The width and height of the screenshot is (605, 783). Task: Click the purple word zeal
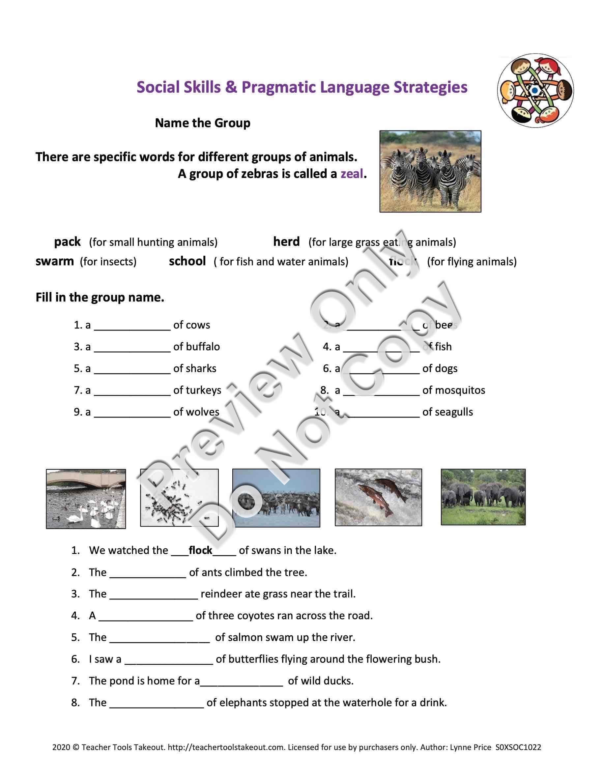tap(352, 174)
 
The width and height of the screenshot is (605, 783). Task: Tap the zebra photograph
tap(430, 171)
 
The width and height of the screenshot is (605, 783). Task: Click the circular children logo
tap(535, 90)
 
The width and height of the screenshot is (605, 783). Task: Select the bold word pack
tap(67, 242)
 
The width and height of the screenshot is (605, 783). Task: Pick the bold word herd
tap(286, 242)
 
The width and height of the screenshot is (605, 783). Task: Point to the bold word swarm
tap(54, 261)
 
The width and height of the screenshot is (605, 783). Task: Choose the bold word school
tap(187, 261)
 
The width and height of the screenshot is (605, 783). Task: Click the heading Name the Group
tap(203, 123)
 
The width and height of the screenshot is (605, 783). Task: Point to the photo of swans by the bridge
tap(86, 498)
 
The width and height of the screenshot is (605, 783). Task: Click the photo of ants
tap(179, 498)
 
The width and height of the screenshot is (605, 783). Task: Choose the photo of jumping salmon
tap(378, 497)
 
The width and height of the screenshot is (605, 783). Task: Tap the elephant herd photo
tap(483, 497)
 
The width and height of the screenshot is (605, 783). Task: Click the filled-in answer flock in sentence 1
tap(200, 550)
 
